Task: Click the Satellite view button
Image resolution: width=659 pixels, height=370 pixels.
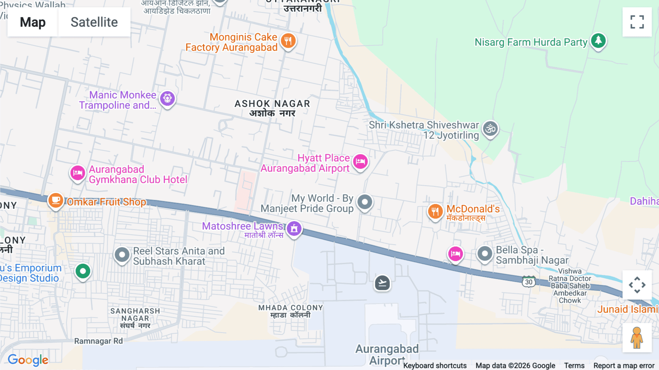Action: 94,22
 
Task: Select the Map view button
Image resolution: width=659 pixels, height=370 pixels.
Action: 33,22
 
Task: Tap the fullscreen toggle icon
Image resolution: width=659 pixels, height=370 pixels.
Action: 637,22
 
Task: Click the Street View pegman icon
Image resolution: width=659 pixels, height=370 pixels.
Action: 637,338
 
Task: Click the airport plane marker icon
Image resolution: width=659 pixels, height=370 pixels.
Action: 382,283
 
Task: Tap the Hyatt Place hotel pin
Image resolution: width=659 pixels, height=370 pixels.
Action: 360,162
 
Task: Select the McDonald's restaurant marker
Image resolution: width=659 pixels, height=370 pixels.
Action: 435,211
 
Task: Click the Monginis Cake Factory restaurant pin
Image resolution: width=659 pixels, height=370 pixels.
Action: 288,41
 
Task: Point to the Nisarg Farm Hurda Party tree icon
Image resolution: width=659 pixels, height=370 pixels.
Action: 598,41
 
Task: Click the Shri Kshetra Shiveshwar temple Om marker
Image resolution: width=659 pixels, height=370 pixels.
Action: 490,129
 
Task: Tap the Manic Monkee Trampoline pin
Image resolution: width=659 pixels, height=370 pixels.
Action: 167,99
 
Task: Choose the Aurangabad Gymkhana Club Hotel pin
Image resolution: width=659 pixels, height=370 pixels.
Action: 78,173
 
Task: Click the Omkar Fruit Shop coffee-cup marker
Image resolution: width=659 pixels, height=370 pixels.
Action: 56,200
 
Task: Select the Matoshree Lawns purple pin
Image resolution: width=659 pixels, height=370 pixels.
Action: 294,229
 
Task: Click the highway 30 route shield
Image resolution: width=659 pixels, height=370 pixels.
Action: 529,282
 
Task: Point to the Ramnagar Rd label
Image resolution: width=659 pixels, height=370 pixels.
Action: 98,341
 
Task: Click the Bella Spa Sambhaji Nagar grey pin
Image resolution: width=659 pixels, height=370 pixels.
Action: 485,254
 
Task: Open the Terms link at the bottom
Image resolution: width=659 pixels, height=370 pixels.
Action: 574,365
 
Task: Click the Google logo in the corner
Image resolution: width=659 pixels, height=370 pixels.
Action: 28,360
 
